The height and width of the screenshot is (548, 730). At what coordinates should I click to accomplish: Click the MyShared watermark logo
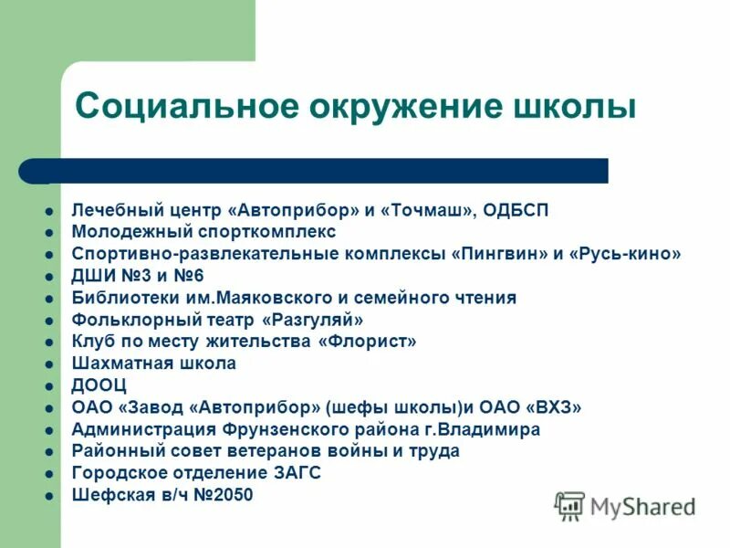pos(625,505)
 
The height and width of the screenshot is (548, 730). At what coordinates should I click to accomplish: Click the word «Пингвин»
pos(498,254)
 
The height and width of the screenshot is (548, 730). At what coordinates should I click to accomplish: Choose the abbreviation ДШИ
pos(91,276)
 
